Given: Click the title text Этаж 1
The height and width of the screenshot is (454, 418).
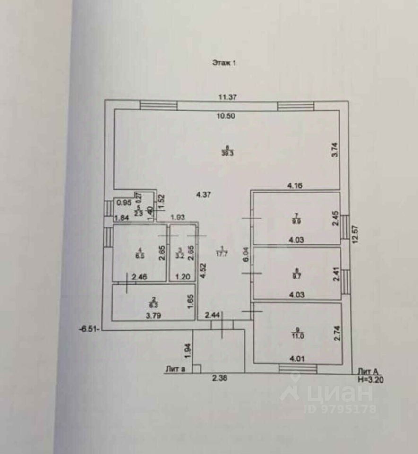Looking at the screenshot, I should point(223,62).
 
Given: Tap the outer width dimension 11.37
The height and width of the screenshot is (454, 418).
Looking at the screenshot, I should point(227,97).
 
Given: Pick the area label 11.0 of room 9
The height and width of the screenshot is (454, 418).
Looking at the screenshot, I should point(297,334).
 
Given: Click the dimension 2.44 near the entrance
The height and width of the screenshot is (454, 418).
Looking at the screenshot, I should point(213,314).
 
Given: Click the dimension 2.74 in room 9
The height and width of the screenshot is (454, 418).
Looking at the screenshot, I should point(336,333).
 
